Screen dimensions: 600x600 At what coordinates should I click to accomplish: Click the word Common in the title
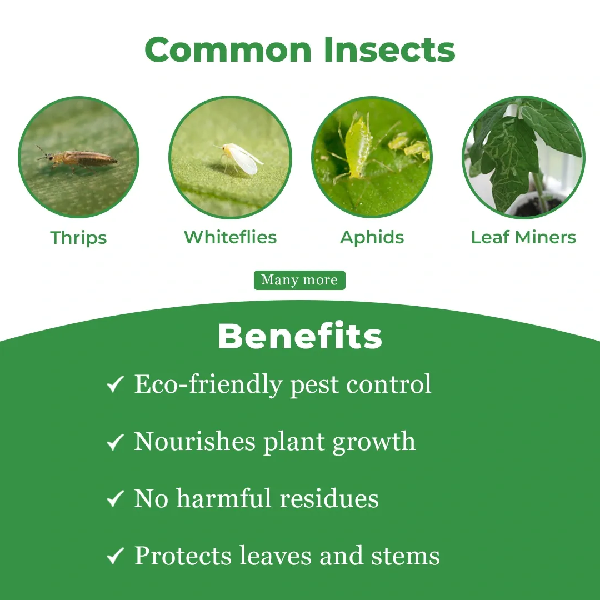coord(228,50)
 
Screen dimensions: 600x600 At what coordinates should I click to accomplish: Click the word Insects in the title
coord(389,50)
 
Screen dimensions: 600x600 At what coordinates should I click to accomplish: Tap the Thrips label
coord(78,238)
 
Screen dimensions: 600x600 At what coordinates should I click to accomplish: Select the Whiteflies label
coord(231,237)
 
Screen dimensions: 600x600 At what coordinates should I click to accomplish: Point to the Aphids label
coord(372,238)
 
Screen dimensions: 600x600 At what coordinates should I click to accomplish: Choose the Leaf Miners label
coord(523,237)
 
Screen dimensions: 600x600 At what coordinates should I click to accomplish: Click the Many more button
coord(299,280)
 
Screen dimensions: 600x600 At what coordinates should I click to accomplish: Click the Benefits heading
coord(299,336)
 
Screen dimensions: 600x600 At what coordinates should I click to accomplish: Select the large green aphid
coord(357,147)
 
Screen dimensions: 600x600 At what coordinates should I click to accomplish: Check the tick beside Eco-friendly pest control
coord(115,384)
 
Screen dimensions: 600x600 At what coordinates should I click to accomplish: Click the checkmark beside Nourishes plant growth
coord(115,442)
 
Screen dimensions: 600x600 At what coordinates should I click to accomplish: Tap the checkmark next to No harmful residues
coord(115,498)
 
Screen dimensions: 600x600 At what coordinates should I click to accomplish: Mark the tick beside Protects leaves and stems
coord(115,556)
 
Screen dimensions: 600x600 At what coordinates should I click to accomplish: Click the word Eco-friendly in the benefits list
coord(208,384)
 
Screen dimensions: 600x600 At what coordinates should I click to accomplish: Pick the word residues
coord(329,498)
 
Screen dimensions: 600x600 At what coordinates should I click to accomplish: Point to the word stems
coord(406,556)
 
